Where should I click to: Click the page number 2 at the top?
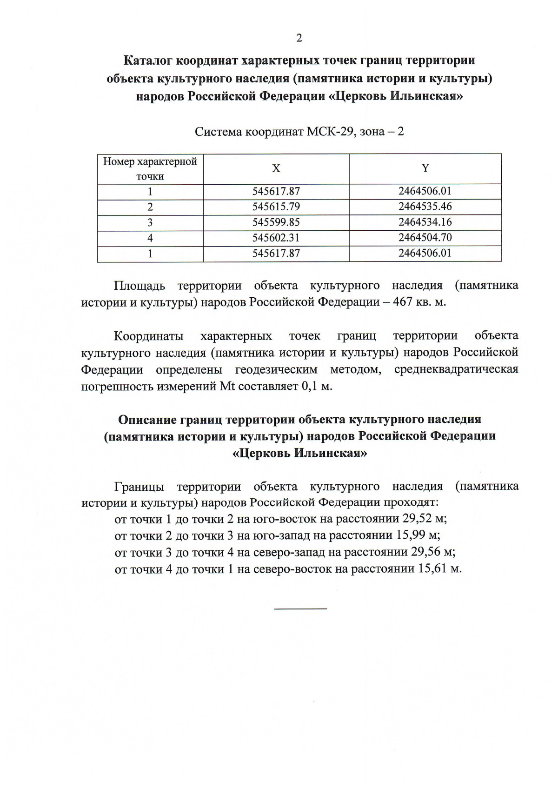(299, 38)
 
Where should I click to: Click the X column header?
(276, 168)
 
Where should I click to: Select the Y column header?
(425, 168)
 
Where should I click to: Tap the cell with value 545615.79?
(276, 207)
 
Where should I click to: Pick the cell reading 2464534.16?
(425, 222)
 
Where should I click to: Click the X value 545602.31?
(276, 238)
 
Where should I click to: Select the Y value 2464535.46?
(425, 207)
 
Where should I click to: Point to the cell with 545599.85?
(276, 222)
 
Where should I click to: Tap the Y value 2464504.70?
(425, 238)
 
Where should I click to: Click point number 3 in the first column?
(150, 222)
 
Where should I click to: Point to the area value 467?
(403, 301)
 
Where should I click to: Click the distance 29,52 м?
(424, 519)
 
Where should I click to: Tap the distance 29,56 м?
(432, 552)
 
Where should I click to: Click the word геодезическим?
(276, 369)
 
